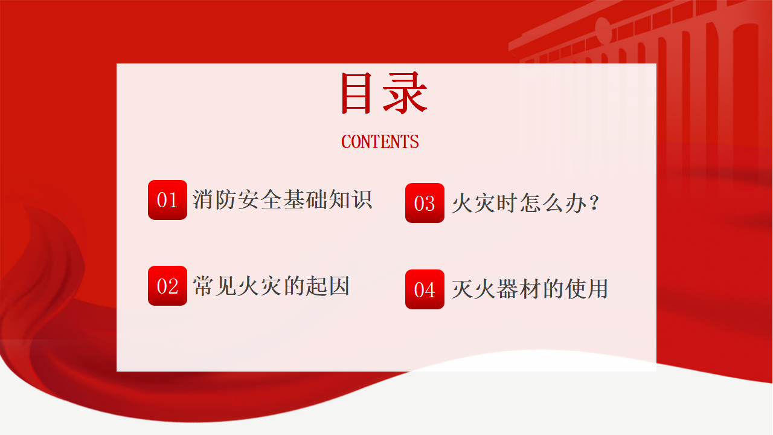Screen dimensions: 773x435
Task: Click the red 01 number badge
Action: [x=167, y=200]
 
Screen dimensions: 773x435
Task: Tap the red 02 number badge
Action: [x=167, y=286]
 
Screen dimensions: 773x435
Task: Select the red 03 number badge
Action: [x=425, y=203]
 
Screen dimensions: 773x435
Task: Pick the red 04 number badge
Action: [x=425, y=289]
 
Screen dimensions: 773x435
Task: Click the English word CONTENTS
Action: [x=380, y=141]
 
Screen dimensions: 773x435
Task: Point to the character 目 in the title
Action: [x=356, y=93]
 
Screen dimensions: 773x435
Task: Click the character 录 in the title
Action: [x=405, y=93]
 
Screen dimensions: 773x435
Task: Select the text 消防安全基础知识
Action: [x=282, y=199]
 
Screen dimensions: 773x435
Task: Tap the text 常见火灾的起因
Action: [x=271, y=286]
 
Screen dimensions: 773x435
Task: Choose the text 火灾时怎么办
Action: [x=519, y=202]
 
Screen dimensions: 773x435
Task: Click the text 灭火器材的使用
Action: [x=530, y=289]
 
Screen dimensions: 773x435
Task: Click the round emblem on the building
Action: [x=603, y=30]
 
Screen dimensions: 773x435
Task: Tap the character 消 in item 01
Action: [x=204, y=199]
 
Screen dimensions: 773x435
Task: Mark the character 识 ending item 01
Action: [x=362, y=199]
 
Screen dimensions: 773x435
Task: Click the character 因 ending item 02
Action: [x=339, y=286]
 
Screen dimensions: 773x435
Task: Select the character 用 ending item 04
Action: [x=598, y=289]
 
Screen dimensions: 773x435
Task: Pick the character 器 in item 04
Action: [x=507, y=289]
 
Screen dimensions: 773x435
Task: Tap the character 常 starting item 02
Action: [x=204, y=286]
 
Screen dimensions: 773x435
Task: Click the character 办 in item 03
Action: [x=576, y=202]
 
